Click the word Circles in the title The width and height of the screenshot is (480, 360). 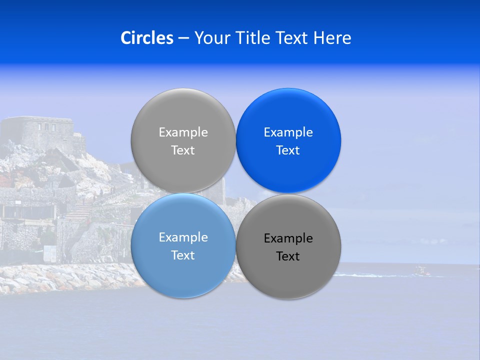146,38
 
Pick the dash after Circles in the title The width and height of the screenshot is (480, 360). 183,38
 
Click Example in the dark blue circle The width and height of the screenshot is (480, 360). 288,132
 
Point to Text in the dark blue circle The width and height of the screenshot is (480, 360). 288,150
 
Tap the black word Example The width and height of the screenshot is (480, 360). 288,238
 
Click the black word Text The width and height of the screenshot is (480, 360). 288,256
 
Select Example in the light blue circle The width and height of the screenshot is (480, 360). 183,237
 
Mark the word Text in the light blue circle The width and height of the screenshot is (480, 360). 183,255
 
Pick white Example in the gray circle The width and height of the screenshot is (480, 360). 183,132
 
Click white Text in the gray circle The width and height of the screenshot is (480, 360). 183,150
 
